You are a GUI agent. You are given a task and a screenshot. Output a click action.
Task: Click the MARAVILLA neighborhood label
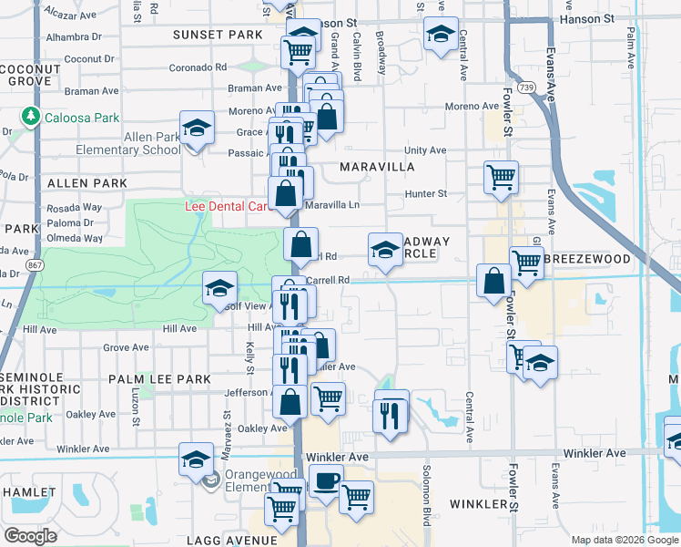click(x=377, y=168)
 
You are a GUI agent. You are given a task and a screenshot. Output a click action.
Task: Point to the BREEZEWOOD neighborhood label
click(x=587, y=259)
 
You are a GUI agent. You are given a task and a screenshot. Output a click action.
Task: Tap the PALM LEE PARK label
click(x=158, y=378)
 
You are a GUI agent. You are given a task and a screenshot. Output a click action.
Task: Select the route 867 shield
click(x=35, y=264)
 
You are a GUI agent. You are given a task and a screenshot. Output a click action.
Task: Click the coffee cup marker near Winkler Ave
click(x=326, y=480)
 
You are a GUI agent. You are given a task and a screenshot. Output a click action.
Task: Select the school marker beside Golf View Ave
click(x=219, y=288)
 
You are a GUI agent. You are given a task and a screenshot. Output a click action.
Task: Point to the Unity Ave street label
click(x=425, y=150)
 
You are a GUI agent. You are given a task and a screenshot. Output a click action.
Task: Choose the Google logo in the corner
click(x=30, y=536)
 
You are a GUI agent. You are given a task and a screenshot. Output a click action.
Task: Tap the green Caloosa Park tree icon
click(x=31, y=117)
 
